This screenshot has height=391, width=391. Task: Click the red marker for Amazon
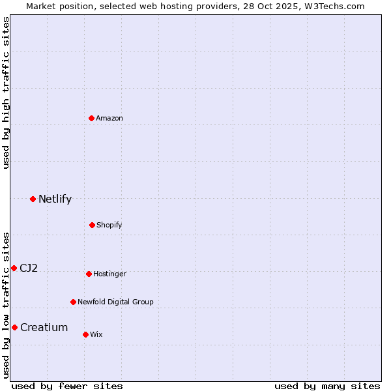pyautogui.click(x=92, y=118)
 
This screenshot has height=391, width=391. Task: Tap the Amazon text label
pyautogui.click(x=109, y=119)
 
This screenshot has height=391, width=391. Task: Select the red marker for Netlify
pyautogui.click(x=33, y=199)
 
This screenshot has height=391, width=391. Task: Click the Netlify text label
pyautogui.click(x=55, y=199)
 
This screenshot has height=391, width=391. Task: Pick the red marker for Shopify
pyautogui.click(x=92, y=225)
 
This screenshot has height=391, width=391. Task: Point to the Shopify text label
pyautogui.click(x=109, y=225)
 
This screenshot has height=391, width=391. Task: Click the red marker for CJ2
pyautogui.click(x=14, y=268)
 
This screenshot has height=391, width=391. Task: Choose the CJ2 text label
pyautogui.click(x=29, y=268)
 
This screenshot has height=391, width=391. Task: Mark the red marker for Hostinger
pyautogui.click(x=89, y=274)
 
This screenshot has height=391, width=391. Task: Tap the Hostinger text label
pyautogui.click(x=109, y=274)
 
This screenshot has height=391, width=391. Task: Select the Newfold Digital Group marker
pyautogui.click(x=73, y=302)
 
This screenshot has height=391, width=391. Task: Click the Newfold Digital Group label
pyautogui.click(x=115, y=302)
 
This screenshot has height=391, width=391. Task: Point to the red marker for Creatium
pyautogui.click(x=14, y=327)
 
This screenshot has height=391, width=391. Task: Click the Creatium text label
pyautogui.click(x=44, y=328)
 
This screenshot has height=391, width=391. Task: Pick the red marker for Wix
pyautogui.click(x=85, y=334)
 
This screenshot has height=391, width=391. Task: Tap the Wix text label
pyautogui.click(x=96, y=335)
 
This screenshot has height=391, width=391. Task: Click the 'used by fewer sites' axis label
pyautogui.click(x=67, y=386)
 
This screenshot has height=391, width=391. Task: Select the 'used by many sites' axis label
pyautogui.click(x=327, y=386)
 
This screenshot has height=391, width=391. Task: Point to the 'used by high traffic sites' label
pyautogui.click(x=7, y=93)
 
